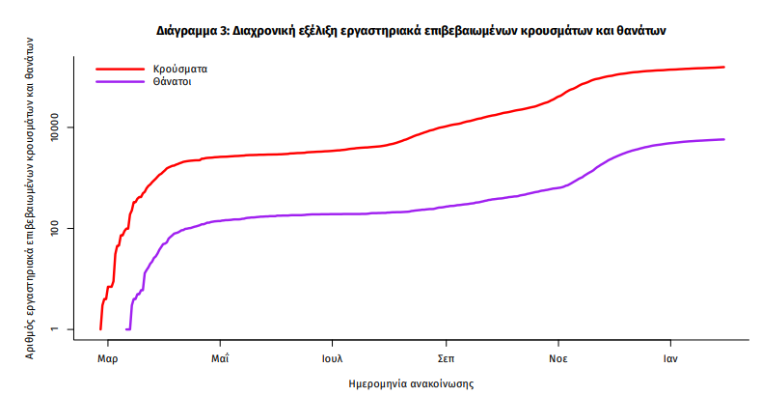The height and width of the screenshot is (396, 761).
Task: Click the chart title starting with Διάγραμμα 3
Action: (x=412, y=30)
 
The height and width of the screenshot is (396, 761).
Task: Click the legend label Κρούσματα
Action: (x=180, y=70)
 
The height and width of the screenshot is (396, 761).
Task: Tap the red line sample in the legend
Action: (x=120, y=70)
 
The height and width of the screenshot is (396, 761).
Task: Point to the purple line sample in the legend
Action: (x=120, y=83)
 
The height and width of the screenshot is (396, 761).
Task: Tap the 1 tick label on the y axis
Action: (x=69, y=329)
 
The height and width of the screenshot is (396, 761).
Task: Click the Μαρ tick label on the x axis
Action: (x=107, y=357)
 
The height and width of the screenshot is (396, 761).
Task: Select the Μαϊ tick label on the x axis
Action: (x=220, y=357)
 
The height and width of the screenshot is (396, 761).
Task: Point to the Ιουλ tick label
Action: (x=333, y=357)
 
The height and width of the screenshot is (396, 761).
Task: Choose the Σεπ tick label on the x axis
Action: (x=445, y=357)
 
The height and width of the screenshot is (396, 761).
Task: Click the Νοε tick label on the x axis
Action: (x=557, y=357)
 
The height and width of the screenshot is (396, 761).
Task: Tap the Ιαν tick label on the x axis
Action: (x=669, y=357)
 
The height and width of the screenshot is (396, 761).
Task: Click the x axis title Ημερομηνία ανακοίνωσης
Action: (x=412, y=383)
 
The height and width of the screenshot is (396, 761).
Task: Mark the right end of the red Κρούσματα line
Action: (x=724, y=67)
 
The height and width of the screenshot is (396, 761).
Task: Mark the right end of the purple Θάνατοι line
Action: (x=724, y=139)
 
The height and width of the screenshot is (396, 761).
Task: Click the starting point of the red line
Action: (x=100, y=329)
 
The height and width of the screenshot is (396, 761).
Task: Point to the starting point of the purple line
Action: (x=126, y=329)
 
